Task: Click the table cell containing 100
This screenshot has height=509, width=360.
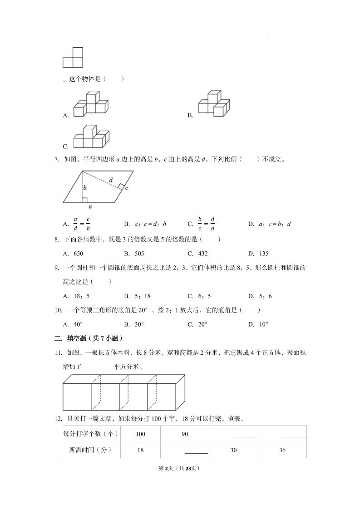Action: click(x=140, y=434)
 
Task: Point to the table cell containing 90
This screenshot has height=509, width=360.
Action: click(x=185, y=434)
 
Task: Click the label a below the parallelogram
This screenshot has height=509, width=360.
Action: click(x=90, y=206)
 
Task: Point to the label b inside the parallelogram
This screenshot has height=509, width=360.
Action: click(x=85, y=187)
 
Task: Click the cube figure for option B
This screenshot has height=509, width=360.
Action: click(x=212, y=103)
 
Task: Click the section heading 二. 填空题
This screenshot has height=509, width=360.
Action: click(x=89, y=338)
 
